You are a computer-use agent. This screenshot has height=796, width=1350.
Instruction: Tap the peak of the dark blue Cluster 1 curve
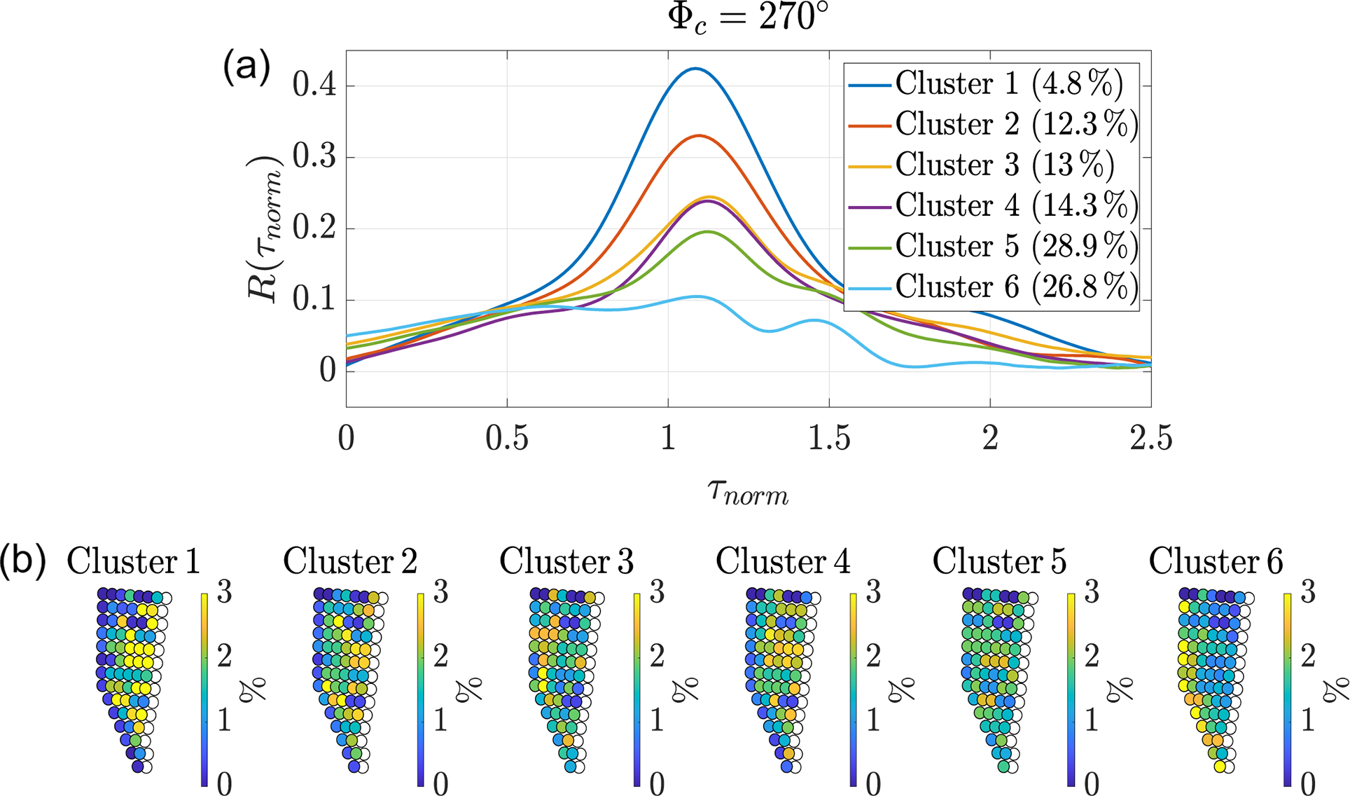(695, 69)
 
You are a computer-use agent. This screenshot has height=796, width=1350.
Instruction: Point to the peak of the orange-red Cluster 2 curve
(698, 135)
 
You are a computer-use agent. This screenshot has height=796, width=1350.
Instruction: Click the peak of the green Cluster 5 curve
(707, 231)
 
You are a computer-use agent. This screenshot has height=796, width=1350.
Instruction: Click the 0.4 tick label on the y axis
(314, 85)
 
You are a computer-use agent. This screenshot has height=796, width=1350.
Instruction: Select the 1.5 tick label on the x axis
(829, 439)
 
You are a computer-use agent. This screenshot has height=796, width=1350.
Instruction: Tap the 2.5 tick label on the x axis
(1150, 439)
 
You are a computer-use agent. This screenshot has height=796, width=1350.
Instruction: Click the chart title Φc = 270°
(748, 17)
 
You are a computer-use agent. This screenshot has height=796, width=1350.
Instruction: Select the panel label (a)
(246, 68)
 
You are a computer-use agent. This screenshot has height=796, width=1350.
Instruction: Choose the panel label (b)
(23, 561)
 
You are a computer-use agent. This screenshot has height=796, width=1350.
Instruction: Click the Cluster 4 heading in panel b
(782, 561)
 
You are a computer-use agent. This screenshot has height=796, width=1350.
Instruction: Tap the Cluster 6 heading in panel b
(1216, 561)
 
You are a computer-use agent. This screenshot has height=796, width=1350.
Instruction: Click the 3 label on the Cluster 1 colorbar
(224, 593)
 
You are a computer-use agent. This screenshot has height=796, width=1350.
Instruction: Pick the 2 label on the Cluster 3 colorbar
(657, 656)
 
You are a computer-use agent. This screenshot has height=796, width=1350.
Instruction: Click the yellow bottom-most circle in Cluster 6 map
(1220, 767)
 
